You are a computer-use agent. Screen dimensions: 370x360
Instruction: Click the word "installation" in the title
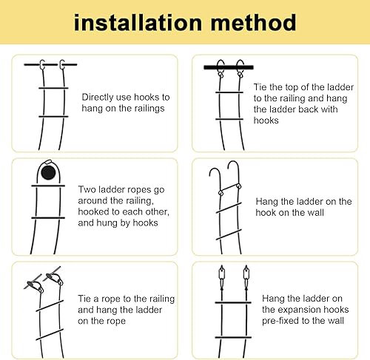138,23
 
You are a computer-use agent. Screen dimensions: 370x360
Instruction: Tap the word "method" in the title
254,23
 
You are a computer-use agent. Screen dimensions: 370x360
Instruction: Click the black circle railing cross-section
48,172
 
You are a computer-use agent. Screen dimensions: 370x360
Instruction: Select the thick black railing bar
229,67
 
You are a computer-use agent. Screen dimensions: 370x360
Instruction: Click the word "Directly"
97,98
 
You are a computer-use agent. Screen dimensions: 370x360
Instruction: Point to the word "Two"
87,189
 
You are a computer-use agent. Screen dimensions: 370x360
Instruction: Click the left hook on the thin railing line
42,64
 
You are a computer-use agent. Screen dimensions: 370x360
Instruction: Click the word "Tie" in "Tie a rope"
84,299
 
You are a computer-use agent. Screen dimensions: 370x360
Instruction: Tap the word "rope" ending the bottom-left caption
116,322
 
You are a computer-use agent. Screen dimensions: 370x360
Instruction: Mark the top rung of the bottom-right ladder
233,302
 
